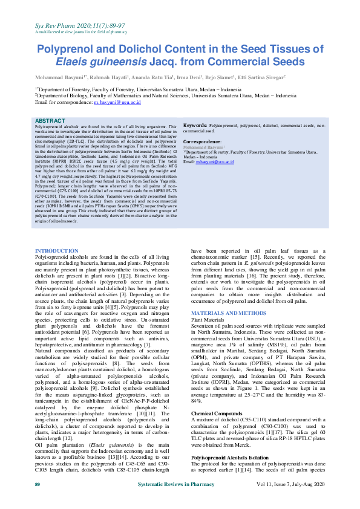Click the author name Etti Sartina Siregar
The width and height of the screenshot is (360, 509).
[x=258, y=78]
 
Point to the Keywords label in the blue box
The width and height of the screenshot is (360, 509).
[x=195, y=124]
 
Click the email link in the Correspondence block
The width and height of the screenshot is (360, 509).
[x=216, y=163]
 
